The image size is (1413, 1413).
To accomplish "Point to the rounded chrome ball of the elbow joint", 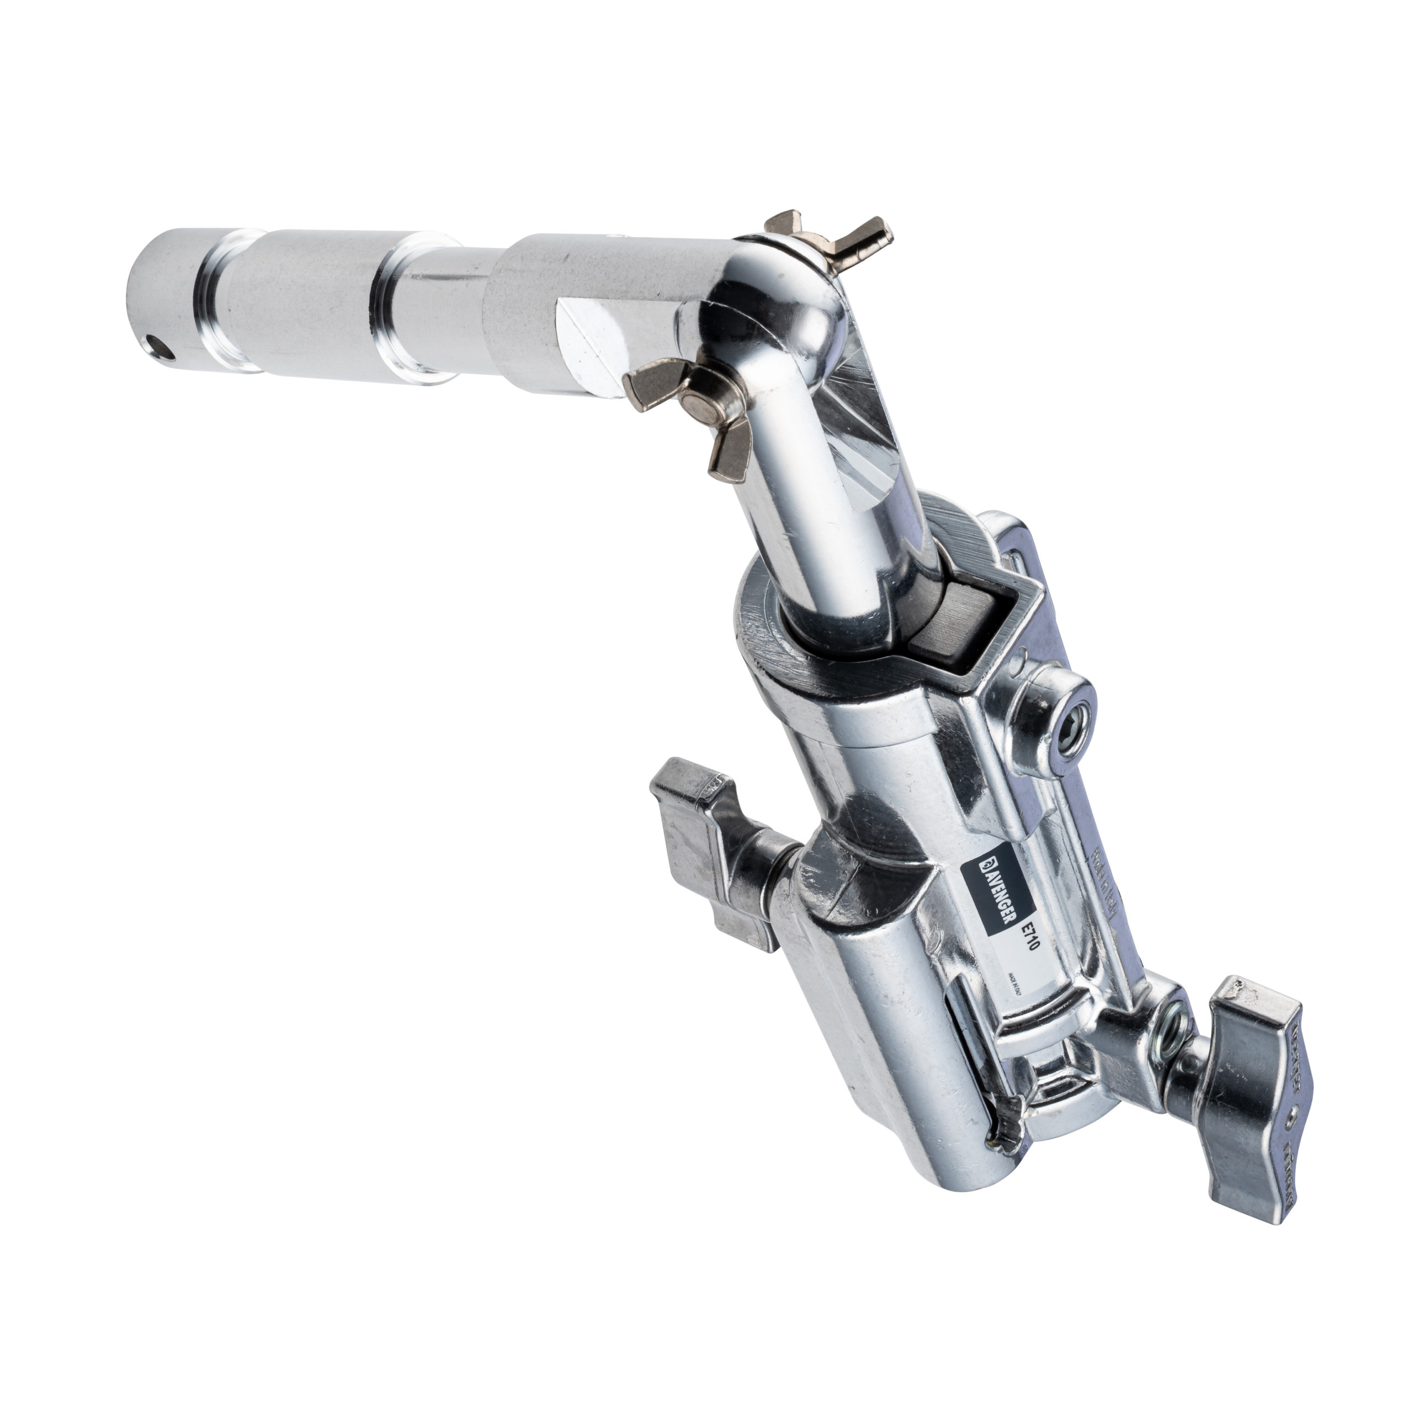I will pyautogui.click(x=775, y=307).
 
